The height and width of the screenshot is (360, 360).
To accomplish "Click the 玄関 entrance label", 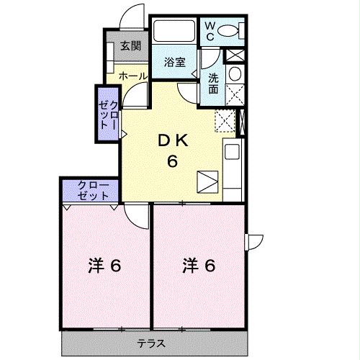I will point(130,47).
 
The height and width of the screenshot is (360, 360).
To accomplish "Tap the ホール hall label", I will point(132,75).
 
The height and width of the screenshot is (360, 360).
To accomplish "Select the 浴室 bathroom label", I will point(175,62).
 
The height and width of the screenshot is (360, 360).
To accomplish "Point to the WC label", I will point(209,31).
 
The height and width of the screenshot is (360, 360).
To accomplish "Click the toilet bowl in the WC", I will point(230,31).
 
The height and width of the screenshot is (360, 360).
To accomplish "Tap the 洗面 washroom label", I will point(214,84).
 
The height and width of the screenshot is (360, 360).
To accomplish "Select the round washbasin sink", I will point(234,75).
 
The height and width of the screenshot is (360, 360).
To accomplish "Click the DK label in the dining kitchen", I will point(173,140).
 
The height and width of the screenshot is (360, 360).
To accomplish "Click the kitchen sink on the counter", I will point(233,153).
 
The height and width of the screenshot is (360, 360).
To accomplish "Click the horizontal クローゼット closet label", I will point(91,190).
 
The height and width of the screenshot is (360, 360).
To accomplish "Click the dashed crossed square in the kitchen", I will point(225,121).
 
